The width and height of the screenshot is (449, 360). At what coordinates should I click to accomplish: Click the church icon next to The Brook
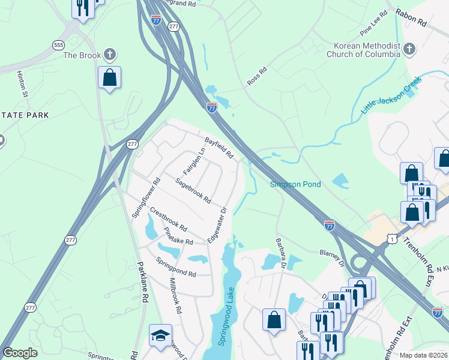pyautogui.click(x=109, y=55)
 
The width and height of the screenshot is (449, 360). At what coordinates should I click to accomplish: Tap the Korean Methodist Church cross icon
pyautogui.click(x=409, y=49)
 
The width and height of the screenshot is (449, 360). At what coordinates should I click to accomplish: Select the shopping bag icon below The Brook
pyautogui.click(x=109, y=77)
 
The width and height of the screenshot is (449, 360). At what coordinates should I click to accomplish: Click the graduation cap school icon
pyautogui.click(x=160, y=335)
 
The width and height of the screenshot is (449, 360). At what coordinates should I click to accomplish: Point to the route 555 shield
pyautogui.click(x=58, y=45)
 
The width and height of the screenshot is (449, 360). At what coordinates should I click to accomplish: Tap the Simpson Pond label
pyautogui.click(x=295, y=184)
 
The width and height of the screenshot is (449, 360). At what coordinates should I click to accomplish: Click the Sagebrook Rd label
pyautogui.click(x=193, y=190)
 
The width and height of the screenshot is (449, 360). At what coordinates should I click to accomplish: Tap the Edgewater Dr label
pyautogui.click(x=216, y=224)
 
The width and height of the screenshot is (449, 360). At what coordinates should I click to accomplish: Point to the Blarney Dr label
pyautogui.click(x=331, y=257)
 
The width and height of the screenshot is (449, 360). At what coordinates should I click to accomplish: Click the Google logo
pyautogui.click(x=20, y=353)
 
